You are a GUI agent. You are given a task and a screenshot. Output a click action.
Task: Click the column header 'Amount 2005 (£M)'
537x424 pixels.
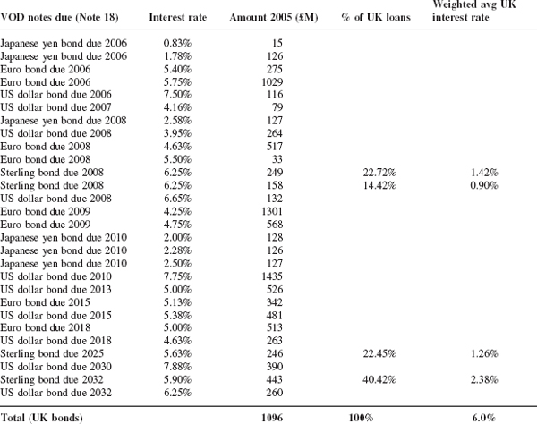point(274,18)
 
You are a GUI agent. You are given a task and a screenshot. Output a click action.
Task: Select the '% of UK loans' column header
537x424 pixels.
point(376,17)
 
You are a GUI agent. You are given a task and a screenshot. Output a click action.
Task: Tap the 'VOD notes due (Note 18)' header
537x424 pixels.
point(59,18)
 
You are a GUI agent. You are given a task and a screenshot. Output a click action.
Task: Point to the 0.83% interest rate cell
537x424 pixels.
point(177,43)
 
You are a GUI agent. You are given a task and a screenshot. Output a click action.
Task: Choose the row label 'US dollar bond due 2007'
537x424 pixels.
point(55,107)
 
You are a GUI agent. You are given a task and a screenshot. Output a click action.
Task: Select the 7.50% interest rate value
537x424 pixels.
point(177,95)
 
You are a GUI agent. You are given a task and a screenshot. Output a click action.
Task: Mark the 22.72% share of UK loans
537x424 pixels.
point(379,173)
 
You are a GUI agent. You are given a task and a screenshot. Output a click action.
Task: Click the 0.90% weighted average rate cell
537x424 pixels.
point(484,185)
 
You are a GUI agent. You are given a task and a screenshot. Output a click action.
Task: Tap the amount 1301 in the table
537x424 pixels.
point(272,211)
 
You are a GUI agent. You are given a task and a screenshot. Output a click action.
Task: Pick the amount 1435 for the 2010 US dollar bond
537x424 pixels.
point(272,276)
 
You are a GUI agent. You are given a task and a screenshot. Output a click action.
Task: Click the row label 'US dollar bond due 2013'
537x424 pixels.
point(55,290)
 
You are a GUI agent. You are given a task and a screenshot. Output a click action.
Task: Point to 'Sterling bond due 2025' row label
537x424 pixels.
point(52,354)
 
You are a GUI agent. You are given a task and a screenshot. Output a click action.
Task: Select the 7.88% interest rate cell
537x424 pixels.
point(177,367)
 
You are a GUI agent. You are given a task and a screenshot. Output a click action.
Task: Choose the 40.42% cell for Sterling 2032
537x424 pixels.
point(379,380)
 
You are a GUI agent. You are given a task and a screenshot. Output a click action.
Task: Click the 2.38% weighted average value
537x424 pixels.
point(484,380)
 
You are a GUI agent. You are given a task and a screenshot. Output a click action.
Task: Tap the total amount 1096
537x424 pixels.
point(272,418)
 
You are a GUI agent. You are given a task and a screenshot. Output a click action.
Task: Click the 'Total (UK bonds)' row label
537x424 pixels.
point(41,418)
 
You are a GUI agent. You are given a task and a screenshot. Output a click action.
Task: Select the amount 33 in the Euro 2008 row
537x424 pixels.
point(277,159)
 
